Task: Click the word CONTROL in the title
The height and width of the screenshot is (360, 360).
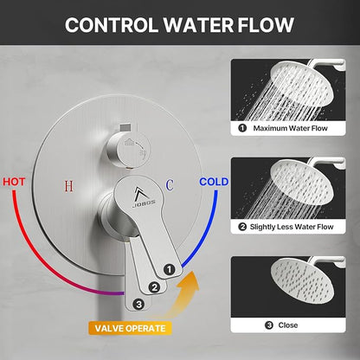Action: tap(112, 25)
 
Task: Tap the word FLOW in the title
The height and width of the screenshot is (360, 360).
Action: tap(266, 25)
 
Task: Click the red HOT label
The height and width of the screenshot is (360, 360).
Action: tap(14, 182)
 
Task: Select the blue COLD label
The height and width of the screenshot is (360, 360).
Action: tap(214, 182)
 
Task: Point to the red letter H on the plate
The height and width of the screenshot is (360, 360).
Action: tap(69, 186)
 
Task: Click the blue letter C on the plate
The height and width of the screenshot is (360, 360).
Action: tap(170, 185)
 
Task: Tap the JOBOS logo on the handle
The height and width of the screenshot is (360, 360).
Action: tap(144, 197)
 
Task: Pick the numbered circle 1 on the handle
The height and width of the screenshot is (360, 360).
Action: tap(170, 269)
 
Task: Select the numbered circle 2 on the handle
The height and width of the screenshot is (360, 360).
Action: tap(154, 287)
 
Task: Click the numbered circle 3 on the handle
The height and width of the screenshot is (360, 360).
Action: tap(138, 305)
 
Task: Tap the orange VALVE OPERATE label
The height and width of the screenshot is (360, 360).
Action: tap(130, 328)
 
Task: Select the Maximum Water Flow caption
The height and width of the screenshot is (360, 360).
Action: tap(290, 128)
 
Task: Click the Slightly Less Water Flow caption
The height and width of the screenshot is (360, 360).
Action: tap(292, 227)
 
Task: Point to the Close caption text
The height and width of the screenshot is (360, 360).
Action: tap(288, 325)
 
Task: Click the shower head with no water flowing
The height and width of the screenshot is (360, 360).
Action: tap(303, 280)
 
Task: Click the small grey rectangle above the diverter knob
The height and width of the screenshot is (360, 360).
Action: tap(125, 126)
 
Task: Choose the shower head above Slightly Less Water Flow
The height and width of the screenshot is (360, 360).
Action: tap(302, 182)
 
